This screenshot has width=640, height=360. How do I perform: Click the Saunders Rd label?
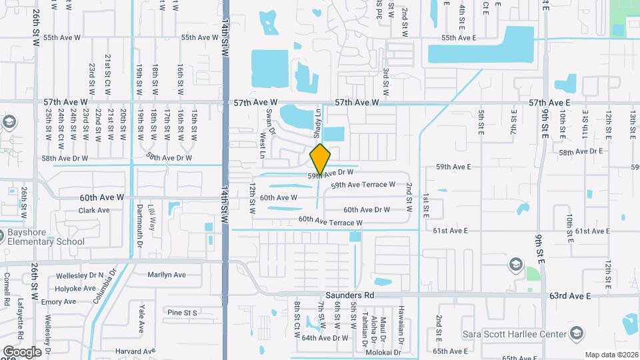[x=350, y=295]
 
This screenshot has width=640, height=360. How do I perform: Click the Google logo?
[x=21, y=352]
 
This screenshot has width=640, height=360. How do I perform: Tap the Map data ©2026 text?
[x=611, y=355]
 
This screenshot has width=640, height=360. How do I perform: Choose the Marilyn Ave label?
[x=167, y=275]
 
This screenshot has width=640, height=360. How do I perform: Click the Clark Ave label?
[x=94, y=211]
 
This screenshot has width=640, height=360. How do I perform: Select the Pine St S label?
[x=183, y=312]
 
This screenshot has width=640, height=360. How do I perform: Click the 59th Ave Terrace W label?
[x=363, y=185]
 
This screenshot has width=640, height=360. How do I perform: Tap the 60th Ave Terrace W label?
[x=330, y=221]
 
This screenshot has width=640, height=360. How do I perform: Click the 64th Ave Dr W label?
[x=325, y=338]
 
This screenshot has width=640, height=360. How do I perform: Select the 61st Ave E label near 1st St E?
[x=450, y=231]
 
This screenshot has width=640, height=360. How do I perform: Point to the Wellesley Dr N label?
[x=82, y=275]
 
